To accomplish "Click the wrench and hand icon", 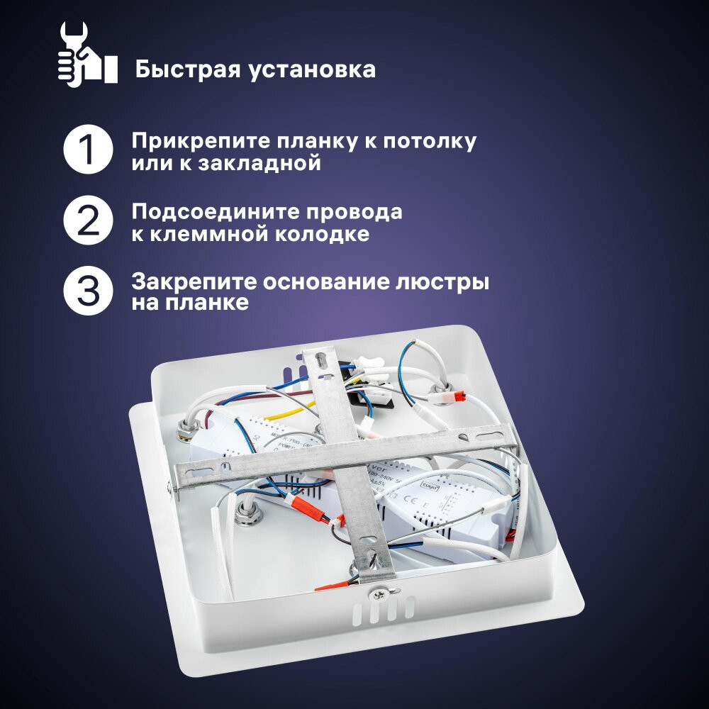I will (86, 54).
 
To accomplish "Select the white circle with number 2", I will (88, 221).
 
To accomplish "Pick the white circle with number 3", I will (88, 291).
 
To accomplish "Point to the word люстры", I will (447, 281).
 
